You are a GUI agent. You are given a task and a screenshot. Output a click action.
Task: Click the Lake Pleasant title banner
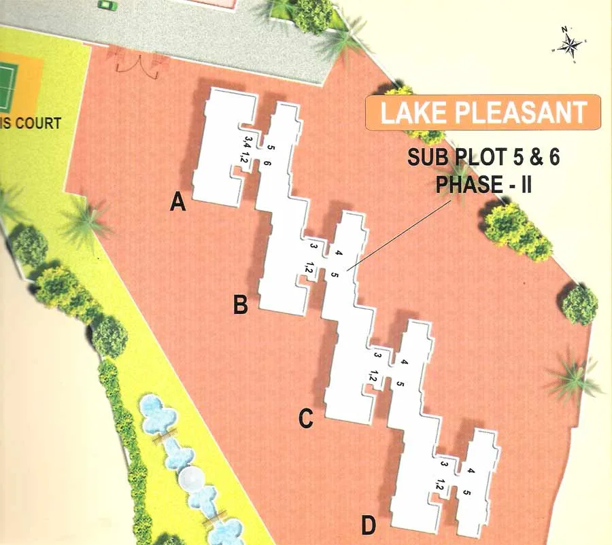pyautogui.click(x=483, y=112)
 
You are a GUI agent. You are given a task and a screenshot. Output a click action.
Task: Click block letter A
pyautogui.click(x=178, y=202)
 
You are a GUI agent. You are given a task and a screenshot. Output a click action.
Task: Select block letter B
pyautogui.click(x=240, y=305)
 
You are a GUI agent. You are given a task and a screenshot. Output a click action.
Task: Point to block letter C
pyautogui.click(x=306, y=419)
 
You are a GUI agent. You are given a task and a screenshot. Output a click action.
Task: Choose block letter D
pyautogui.click(x=368, y=525)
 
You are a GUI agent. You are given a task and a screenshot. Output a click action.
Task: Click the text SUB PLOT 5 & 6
pyautogui.click(x=483, y=158)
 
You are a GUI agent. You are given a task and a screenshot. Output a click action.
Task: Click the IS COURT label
pyautogui.click(x=31, y=124)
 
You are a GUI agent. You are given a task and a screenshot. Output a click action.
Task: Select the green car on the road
pyautogui.click(x=107, y=5)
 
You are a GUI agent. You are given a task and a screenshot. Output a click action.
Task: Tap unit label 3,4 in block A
pyautogui.click(x=246, y=143)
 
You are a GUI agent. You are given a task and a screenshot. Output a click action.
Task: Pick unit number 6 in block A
pyautogui.click(x=267, y=163)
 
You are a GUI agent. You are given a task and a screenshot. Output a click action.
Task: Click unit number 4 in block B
pyautogui.click(x=338, y=255)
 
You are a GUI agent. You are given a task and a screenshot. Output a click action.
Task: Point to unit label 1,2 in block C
pyautogui.click(x=373, y=375)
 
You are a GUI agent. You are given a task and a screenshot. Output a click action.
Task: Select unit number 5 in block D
pyautogui.click(x=466, y=492)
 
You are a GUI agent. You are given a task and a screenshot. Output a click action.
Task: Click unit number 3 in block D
pyautogui.click(x=443, y=464)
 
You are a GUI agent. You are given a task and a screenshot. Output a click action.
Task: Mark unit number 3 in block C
pyautogui.click(x=376, y=354)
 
